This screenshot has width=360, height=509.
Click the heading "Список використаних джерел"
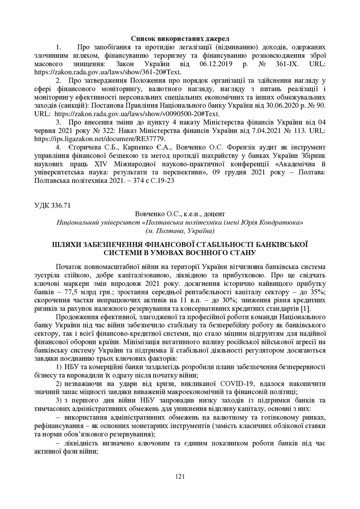pos(180,38)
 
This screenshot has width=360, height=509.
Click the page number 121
pos(180,477)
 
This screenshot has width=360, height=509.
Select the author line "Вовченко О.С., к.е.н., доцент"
pos(180,214)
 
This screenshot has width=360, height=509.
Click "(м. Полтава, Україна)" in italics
pos(180,231)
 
